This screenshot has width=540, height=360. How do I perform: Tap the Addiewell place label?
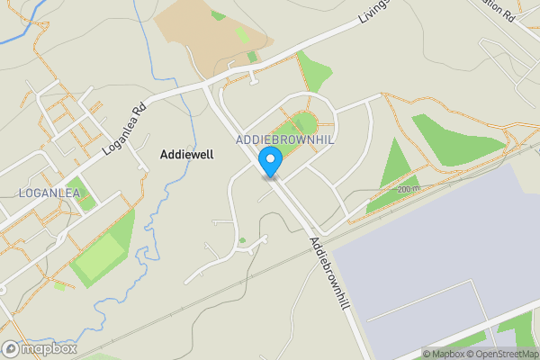186,155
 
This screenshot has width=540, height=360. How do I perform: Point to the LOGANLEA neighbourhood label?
49,193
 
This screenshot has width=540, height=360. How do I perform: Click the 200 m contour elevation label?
409,189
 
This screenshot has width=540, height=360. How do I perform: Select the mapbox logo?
40,348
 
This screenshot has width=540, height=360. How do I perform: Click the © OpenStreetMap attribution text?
501,354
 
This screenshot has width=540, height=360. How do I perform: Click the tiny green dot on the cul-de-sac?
242,240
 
